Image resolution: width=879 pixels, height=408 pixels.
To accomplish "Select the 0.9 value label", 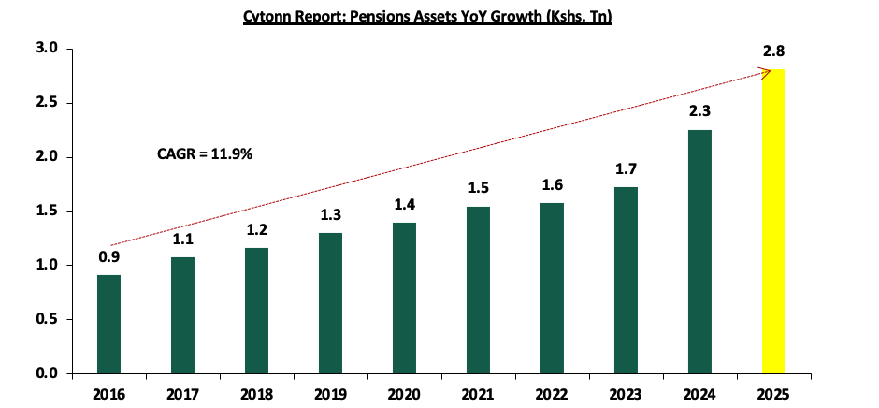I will click(x=109, y=256).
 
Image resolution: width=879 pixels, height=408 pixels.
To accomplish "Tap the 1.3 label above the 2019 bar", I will click(x=330, y=214).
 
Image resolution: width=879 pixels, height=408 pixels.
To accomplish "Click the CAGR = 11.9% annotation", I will click(x=205, y=152).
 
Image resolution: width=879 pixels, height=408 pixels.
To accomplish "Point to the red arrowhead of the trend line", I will click(x=764, y=69).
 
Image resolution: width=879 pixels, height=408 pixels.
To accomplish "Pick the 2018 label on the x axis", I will click(x=256, y=393).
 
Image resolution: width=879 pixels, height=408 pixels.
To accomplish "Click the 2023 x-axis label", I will click(x=626, y=393).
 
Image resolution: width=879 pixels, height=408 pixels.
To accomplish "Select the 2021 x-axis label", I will click(x=478, y=393).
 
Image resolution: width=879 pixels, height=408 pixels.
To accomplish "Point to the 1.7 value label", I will click(x=626, y=169).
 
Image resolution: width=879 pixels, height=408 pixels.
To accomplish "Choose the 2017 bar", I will click(x=183, y=315).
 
